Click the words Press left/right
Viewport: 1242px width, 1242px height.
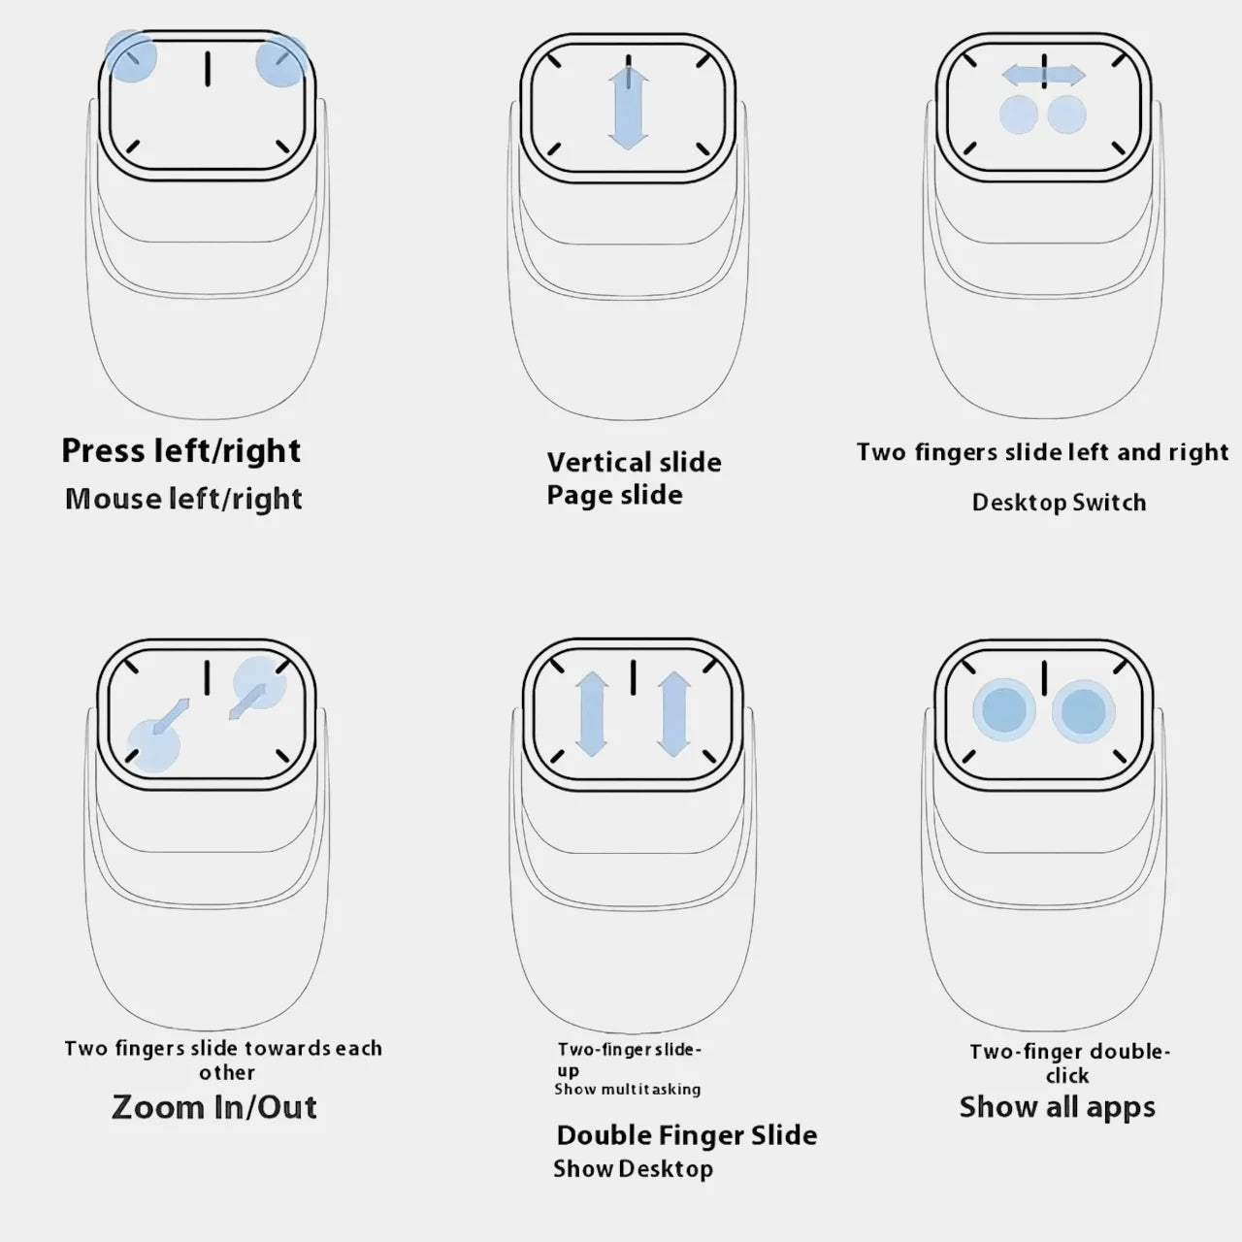(x=181, y=451)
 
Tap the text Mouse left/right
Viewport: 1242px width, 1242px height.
(x=183, y=500)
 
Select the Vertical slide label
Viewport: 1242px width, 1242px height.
(x=635, y=462)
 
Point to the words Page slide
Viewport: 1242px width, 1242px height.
(x=614, y=496)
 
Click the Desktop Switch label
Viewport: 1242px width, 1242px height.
(x=1059, y=503)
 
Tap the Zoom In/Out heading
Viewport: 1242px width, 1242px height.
(x=214, y=1108)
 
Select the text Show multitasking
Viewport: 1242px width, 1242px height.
(x=627, y=1090)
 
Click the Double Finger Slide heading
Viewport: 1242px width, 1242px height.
(x=686, y=1135)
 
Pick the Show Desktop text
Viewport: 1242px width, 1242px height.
(x=633, y=1169)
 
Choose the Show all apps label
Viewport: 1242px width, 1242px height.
(x=1057, y=1108)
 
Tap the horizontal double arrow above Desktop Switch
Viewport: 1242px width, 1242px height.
(x=1043, y=75)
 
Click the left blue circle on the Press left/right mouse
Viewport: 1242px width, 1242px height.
(x=131, y=56)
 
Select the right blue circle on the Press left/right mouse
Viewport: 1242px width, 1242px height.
(x=280, y=60)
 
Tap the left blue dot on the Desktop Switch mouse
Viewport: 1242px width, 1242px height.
(x=1019, y=114)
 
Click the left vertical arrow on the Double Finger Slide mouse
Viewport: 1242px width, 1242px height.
(x=592, y=713)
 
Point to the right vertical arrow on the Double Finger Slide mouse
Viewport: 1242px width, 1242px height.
(x=674, y=713)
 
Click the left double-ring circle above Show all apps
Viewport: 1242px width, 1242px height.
(x=1004, y=710)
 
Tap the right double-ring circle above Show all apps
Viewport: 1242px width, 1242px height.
(x=1084, y=711)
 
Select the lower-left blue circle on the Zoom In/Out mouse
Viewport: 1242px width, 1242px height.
(x=153, y=746)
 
